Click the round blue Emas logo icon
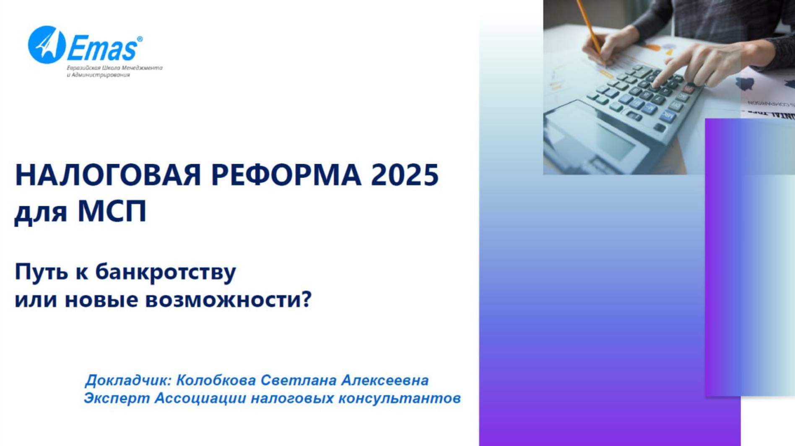(47, 45)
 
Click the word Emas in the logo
(102, 49)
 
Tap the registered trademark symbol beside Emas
(140, 39)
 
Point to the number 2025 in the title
(405, 175)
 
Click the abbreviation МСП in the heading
(112, 211)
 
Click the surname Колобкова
(216, 380)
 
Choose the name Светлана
(299, 380)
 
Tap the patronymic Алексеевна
(385, 380)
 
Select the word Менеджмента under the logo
(145, 68)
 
